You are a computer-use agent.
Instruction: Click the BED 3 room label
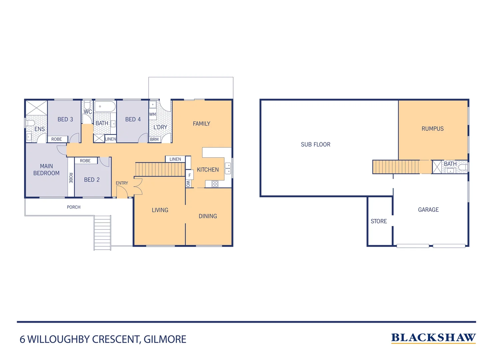(65, 119)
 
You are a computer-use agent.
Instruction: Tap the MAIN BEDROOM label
(46, 170)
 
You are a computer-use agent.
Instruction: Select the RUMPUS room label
(432, 129)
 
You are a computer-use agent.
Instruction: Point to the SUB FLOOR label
(315, 144)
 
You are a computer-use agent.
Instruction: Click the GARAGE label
(428, 210)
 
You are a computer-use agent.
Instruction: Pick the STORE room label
(379, 221)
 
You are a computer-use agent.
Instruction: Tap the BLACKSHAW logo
(433, 338)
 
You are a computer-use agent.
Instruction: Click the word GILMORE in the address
(165, 339)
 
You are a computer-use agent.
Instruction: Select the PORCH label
(74, 207)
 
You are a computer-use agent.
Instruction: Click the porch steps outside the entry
(102, 232)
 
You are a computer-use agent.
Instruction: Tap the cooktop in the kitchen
(215, 184)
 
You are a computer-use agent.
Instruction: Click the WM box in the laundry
(153, 114)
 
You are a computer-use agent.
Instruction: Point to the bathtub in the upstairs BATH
(105, 107)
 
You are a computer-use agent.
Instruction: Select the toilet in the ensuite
(30, 123)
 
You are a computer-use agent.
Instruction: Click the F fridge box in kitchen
(190, 175)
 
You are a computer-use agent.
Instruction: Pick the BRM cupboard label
(154, 139)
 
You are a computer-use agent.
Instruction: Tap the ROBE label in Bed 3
(57, 139)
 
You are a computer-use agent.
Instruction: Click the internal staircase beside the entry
(160, 169)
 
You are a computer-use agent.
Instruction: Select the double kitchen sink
(228, 168)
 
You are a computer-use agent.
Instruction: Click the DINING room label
(208, 216)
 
